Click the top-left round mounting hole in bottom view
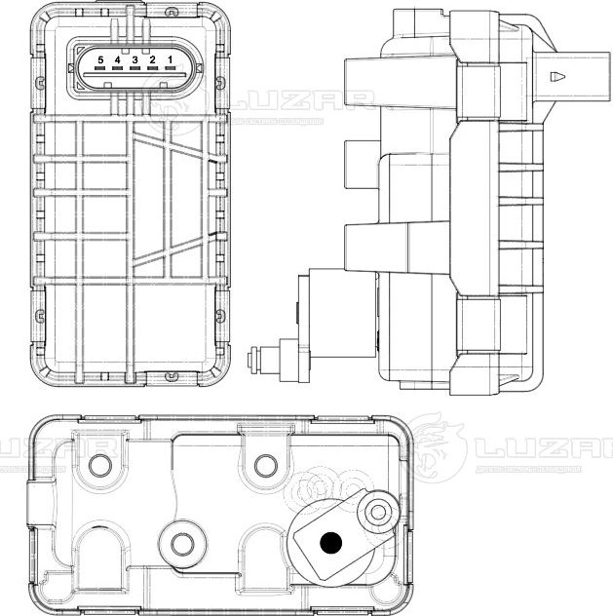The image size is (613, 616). click(98, 463)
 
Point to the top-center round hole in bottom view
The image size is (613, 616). click(264, 463)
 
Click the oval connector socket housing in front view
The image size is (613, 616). click(134, 68)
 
